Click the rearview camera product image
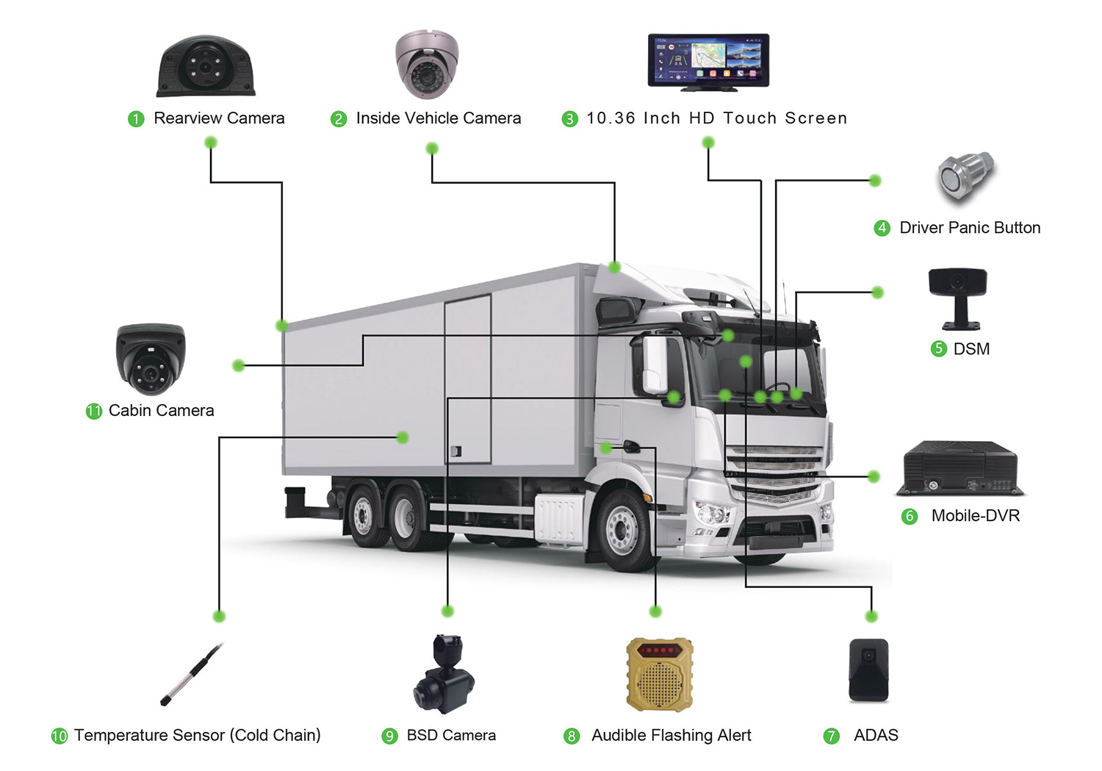click(x=206, y=67)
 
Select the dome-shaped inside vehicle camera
click(x=427, y=65)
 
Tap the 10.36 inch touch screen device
click(x=708, y=61)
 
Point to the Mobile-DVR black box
click(x=960, y=468)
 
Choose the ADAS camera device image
click(x=868, y=670)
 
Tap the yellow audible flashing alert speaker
click(x=660, y=675)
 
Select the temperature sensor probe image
click(x=192, y=674)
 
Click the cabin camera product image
click(x=151, y=359)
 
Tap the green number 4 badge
click(x=882, y=228)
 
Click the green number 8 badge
click(x=572, y=736)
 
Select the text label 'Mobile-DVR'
click(x=976, y=516)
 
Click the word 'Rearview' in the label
click(x=187, y=118)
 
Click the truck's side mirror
click(x=655, y=364)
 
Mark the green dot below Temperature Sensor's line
click(x=219, y=616)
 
